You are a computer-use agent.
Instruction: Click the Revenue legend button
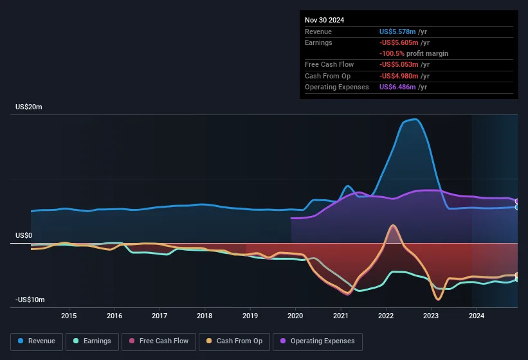[x=37, y=341]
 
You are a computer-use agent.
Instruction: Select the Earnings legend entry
[x=92, y=341]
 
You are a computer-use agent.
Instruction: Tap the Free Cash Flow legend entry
[x=159, y=341]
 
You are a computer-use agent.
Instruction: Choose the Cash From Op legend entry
[x=234, y=341]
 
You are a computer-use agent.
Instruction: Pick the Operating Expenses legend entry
[x=318, y=341]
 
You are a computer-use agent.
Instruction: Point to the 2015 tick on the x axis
[x=69, y=316]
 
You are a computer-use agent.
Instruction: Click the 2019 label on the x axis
[x=250, y=316]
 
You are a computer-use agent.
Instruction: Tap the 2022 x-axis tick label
[x=386, y=316]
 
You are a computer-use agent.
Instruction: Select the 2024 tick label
[x=477, y=316]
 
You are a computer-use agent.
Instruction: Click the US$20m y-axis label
[x=29, y=107]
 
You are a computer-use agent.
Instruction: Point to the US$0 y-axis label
[x=24, y=235]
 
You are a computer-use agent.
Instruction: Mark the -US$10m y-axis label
[x=30, y=300]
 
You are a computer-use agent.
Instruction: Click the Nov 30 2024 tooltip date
[x=324, y=20]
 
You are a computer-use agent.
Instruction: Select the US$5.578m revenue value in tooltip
[x=397, y=32]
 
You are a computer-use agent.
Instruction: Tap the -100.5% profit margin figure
[x=392, y=53]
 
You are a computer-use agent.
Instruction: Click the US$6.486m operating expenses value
[x=397, y=87]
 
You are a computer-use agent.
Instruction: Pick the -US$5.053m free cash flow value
[x=399, y=64]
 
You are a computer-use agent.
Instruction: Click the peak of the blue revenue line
[x=416, y=119]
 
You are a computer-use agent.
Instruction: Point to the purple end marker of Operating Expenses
[x=517, y=201]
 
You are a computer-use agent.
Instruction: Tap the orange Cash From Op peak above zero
[x=393, y=226]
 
